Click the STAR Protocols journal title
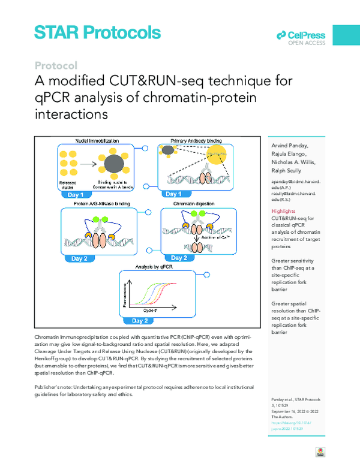98,33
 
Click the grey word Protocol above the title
56,65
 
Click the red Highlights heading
283,212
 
